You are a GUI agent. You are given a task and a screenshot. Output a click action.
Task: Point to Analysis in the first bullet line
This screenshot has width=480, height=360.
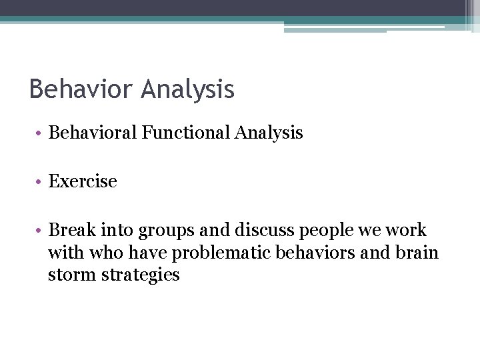coord(269,133)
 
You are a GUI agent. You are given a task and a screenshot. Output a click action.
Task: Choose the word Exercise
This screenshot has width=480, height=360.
coord(83,181)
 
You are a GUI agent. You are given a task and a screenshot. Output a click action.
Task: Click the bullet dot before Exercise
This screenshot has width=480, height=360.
coord(40,182)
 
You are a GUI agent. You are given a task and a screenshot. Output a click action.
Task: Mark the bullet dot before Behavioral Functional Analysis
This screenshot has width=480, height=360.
coord(40,133)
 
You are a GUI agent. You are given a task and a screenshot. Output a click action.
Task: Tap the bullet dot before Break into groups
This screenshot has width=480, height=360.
coord(40,231)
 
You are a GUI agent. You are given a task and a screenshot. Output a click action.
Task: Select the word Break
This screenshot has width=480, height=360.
coord(71,230)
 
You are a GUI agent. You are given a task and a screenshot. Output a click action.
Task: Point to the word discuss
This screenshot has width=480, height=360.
coord(263,230)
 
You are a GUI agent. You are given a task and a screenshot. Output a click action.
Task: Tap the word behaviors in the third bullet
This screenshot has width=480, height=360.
coord(313,253)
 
